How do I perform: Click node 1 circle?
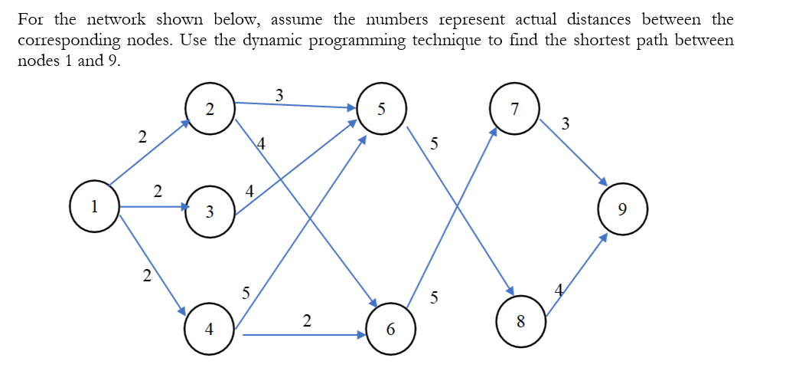(93, 206)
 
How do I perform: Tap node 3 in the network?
(209, 212)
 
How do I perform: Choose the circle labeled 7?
(515, 109)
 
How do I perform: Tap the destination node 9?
(623, 208)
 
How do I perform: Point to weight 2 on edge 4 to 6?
(306, 320)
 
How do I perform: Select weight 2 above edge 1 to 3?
(157, 190)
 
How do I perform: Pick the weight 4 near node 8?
(559, 290)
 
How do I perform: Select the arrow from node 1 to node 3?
(153, 207)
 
